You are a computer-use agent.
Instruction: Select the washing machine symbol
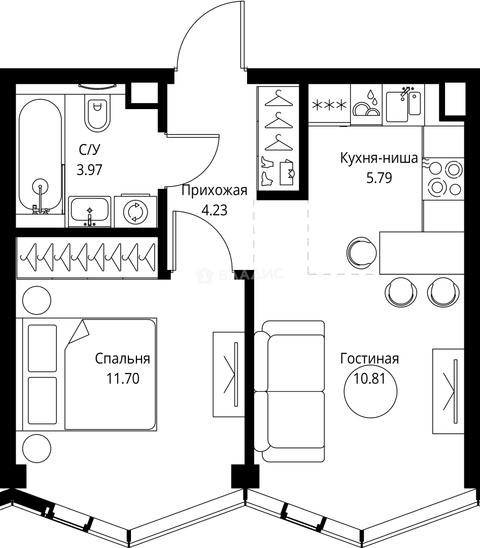[x=135, y=211]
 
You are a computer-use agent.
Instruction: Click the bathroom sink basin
[x=90, y=211]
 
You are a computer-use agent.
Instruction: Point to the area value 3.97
[x=89, y=170]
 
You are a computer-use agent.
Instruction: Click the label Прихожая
[x=214, y=191]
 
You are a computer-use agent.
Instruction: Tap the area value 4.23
[x=215, y=211]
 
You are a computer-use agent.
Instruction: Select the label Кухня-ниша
[x=379, y=158]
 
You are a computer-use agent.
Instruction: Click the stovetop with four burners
[x=445, y=179]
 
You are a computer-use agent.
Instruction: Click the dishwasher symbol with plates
[x=366, y=104]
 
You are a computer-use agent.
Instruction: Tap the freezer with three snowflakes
[x=329, y=105]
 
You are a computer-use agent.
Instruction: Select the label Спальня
[x=122, y=359]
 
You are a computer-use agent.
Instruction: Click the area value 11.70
[x=123, y=379]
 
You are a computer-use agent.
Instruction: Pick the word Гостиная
[x=369, y=359]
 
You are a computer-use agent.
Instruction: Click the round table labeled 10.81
[x=370, y=392]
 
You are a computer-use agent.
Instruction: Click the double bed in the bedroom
[x=89, y=374]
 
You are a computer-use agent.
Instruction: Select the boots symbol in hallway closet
[x=267, y=172]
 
